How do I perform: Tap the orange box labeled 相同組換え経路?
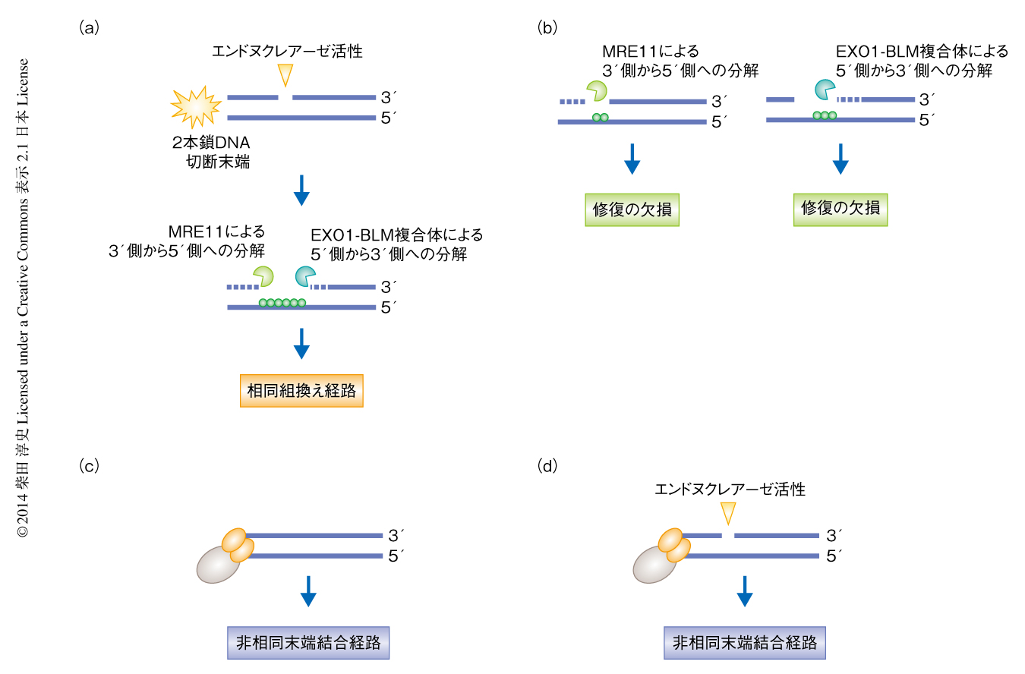pos(301,391)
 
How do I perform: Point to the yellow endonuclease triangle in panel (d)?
pos(727,513)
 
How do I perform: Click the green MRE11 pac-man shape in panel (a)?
pos(263,276)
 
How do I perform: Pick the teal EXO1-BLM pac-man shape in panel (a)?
pos(305,277)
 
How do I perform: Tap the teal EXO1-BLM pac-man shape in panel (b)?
pos(825,90)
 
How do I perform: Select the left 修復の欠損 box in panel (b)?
pos(632,209)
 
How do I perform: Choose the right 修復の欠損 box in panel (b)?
pos(840,209)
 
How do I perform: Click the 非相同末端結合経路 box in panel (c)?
pos(308,643)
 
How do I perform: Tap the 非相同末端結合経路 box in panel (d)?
pos(745,643)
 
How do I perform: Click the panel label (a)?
pos(89,28)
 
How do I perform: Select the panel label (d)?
pos(547,465)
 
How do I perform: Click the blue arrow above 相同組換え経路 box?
pos(301,343)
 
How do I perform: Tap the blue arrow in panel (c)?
pos(308,591)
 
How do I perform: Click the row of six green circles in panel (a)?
pos(282,303)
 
